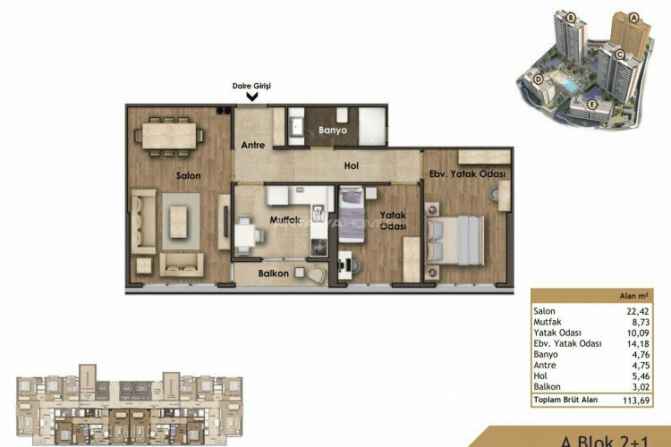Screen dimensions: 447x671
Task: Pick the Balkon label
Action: pyautogui.click(x=274, y=274)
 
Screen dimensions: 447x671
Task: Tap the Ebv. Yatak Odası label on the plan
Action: pyautogui.click(x=468, y=174)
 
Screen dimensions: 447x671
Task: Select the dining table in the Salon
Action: pyautogui.click(x=170, y=135)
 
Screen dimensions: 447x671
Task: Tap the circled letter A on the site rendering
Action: pyautogui.click(x=634, y=17)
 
